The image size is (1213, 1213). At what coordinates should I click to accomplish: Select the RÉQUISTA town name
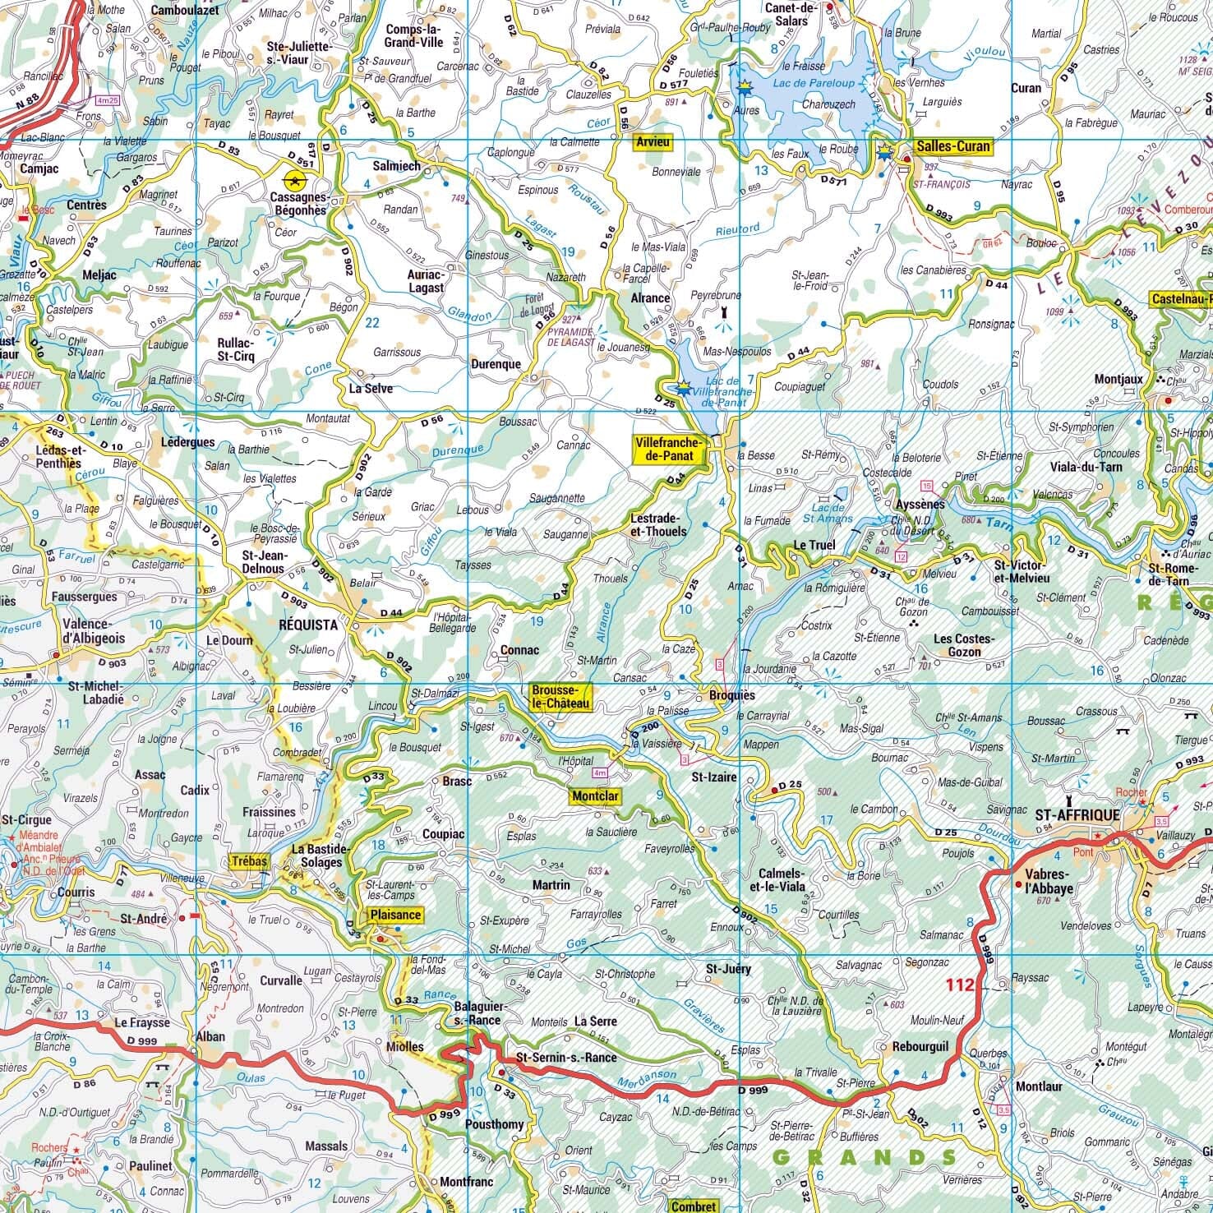click(x=308, y=625)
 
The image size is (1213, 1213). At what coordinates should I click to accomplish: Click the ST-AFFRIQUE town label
click(x=1077, y=814)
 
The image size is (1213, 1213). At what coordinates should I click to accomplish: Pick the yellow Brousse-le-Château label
click(x=560, y=697)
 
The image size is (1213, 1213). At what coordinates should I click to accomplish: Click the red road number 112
click(x=959, y=985)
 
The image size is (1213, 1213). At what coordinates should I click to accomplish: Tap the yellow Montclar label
click(x=595, y=796)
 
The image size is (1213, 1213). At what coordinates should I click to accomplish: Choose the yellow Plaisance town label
click(x=395, y=915)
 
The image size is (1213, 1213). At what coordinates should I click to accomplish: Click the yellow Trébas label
click(x=251, y=860)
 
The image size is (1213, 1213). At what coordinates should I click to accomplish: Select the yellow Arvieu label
click(x=653, y=142)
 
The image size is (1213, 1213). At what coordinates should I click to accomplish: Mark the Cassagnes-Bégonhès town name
click(x=299, y=204)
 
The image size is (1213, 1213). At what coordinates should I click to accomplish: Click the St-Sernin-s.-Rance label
click(x=565, y=1057)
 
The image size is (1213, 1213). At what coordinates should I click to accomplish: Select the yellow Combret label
click(x=694, y=1206)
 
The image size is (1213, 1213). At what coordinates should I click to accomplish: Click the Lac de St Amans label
click(x=828, y=513)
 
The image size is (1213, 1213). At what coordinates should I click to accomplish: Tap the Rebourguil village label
click(x=920, y=1047)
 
